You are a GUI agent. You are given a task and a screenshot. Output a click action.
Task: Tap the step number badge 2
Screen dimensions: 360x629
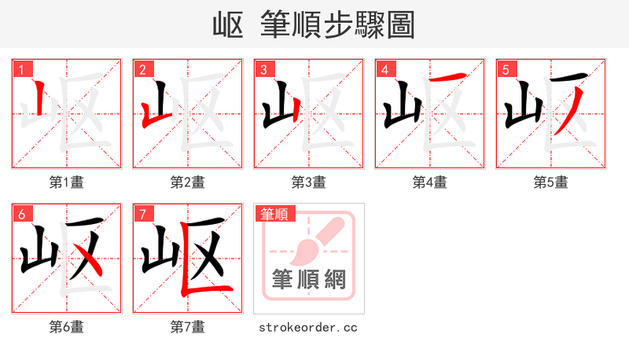[142, 69]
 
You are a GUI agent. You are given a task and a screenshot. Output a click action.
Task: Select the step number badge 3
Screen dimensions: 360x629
[263, 69]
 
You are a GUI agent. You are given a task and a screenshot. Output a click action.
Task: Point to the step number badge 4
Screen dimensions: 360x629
[384, 69]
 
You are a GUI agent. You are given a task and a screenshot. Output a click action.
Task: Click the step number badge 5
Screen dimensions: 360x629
[506, 69]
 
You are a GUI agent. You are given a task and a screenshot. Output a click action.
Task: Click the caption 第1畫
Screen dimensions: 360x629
[67, 182]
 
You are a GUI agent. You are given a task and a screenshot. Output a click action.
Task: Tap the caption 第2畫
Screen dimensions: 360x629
[188, 182]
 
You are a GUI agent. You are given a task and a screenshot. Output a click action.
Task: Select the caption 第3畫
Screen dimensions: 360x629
[309, 182]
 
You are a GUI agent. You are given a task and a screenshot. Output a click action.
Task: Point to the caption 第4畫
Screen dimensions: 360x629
[430, 182]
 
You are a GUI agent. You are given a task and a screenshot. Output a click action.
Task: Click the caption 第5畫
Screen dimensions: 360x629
[551, 182]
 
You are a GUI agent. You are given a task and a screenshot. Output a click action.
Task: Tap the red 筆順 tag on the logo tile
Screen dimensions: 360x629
[274, 213]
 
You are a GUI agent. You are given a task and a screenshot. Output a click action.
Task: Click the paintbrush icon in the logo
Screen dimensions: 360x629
[314, 240]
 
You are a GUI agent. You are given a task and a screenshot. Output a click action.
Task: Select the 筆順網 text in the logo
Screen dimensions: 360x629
[308, 279]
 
